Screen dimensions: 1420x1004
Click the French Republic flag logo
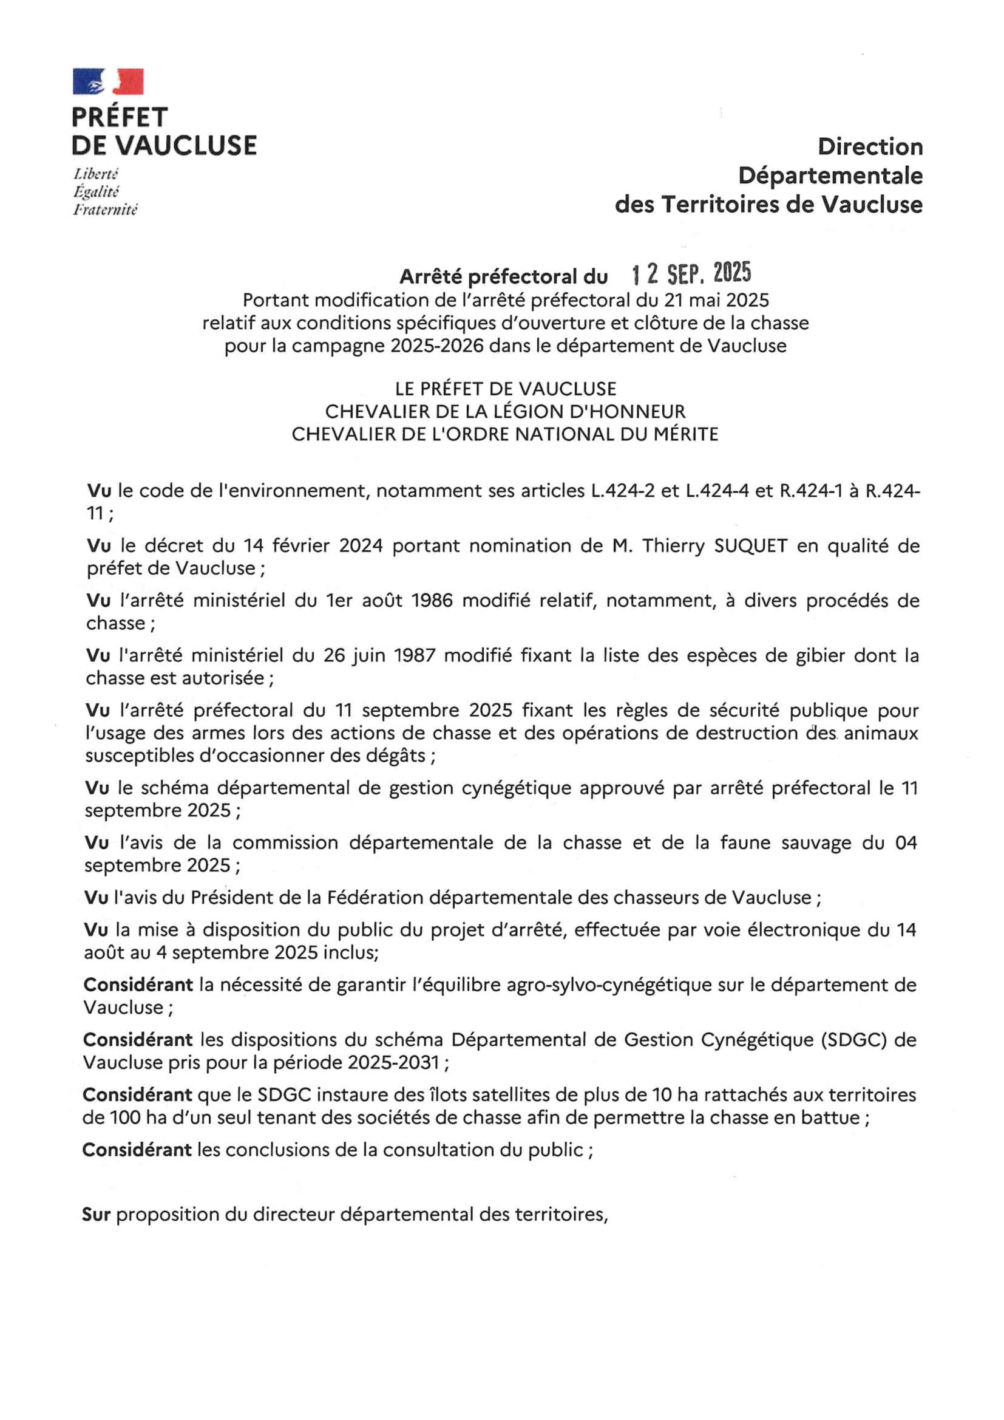(x=108, y=81)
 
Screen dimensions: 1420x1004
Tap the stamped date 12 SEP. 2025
(x=691, y=273)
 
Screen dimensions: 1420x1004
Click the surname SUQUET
(x=750, y=545)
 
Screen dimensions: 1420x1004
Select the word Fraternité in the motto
(x=105, y=210)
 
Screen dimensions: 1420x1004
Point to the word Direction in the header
(x=870, y=146)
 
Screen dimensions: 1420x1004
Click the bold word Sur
(x=96, y=1215)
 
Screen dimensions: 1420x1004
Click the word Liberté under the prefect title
(x=96, y=174)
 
